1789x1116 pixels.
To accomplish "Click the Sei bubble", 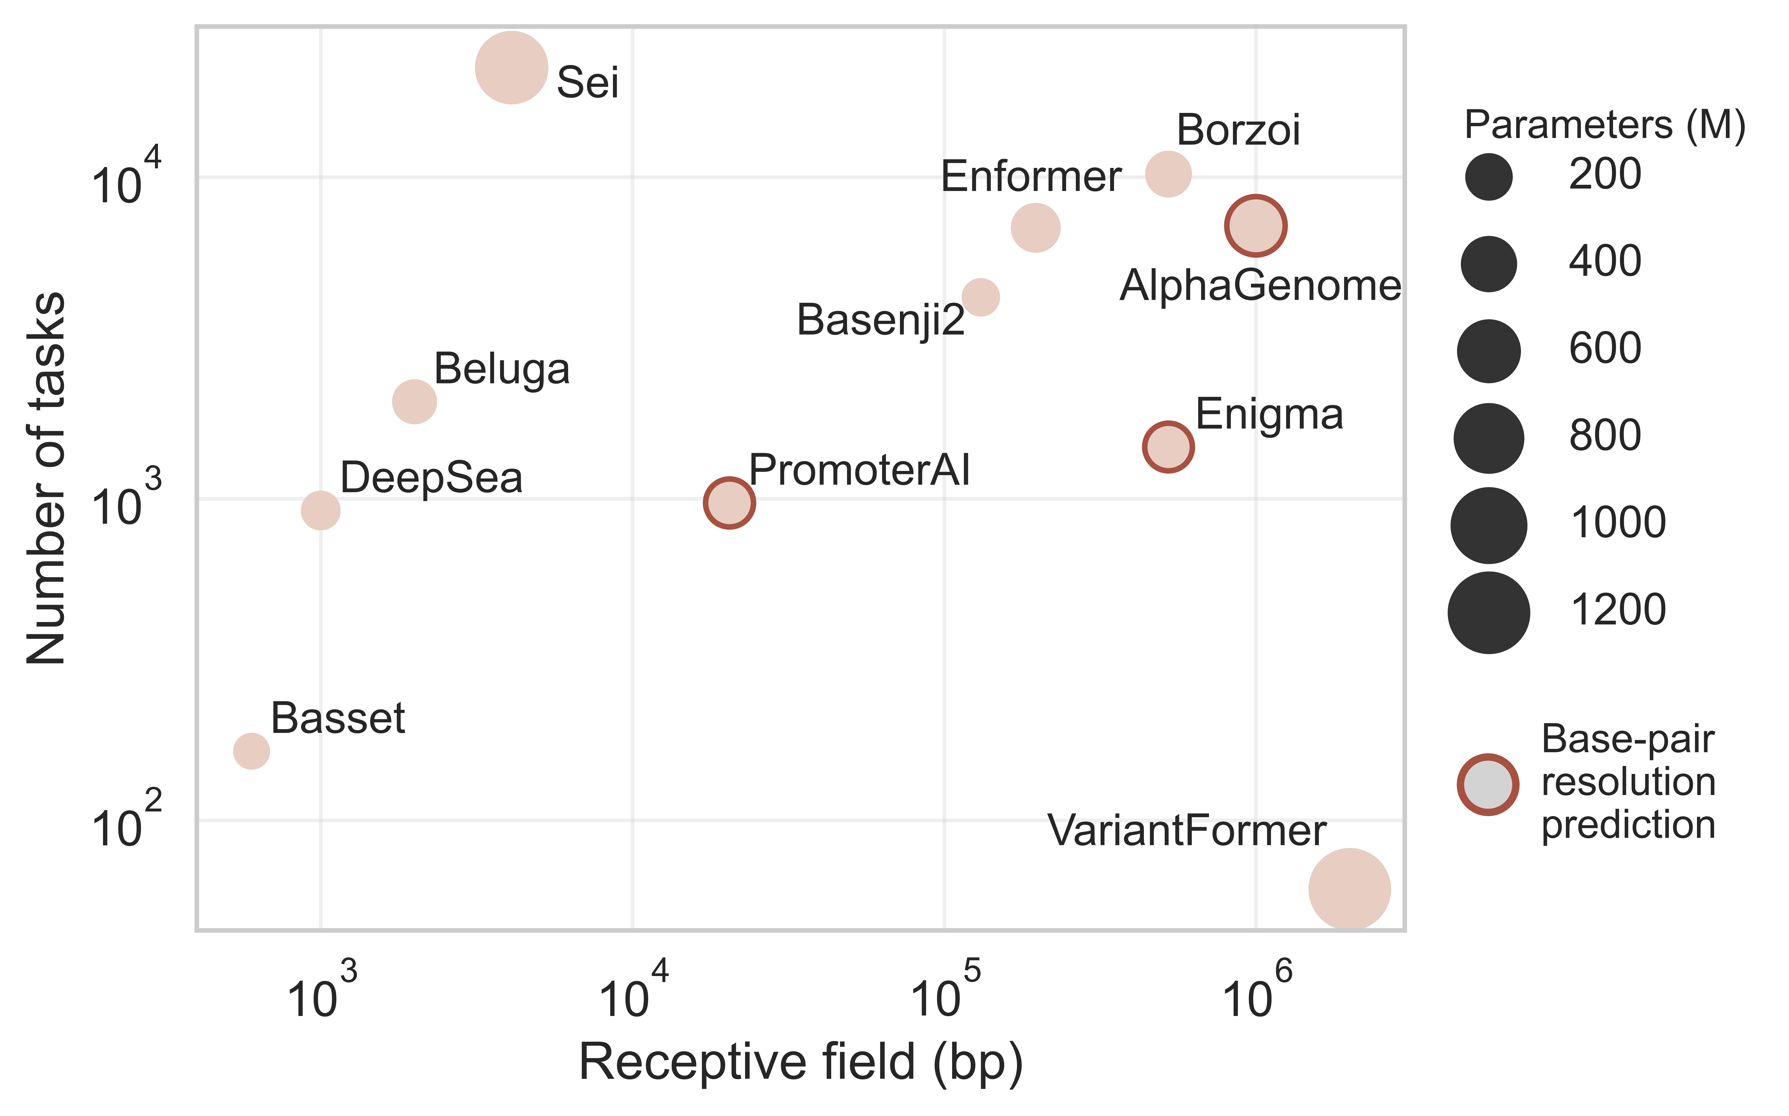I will [511, 68].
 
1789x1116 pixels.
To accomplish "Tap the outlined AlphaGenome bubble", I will [1256, 226].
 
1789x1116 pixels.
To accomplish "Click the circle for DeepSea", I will [320, 510].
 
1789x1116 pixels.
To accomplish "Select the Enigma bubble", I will [1168, 447].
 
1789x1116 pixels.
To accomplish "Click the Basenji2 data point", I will [980, 297].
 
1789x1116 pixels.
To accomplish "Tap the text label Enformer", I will [1031, 177].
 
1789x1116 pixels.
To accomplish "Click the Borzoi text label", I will [1238, 131].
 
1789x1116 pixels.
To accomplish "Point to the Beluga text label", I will [502, 369].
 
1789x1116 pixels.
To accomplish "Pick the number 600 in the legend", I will [1604, 348].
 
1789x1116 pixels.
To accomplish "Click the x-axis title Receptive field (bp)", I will [800, 1063].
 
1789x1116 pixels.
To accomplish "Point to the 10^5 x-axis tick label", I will [944, 993].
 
